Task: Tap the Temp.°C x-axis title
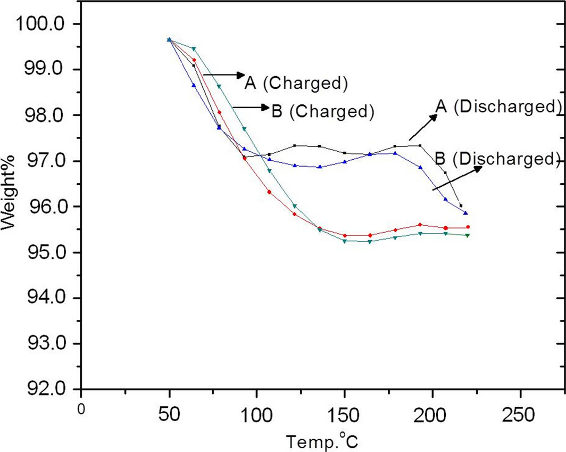(325, 441)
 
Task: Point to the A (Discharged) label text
(498, 106)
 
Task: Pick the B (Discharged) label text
(497, 159)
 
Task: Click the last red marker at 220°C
(468, 227)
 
